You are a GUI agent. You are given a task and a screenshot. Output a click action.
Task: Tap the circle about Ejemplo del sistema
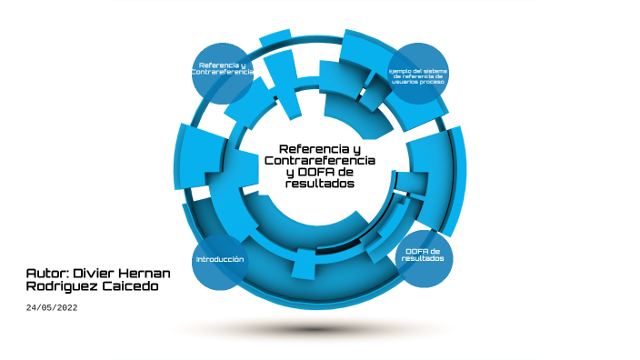pyautogui.click(x=419, y=75)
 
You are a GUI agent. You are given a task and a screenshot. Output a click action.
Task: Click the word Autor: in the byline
pyautogui.click(x=46, y=273)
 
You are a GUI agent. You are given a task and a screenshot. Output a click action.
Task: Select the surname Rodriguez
pyautogui.click(x=59, y=287)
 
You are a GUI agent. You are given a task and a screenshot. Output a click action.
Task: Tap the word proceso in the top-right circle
pyautogui.click(x=432, y=82)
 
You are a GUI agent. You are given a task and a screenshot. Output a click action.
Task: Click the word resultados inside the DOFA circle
pyautogui.click(x=424, y=259)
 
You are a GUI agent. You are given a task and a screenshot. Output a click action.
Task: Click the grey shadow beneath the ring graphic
pyautogui.click(x=320, y=328)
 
